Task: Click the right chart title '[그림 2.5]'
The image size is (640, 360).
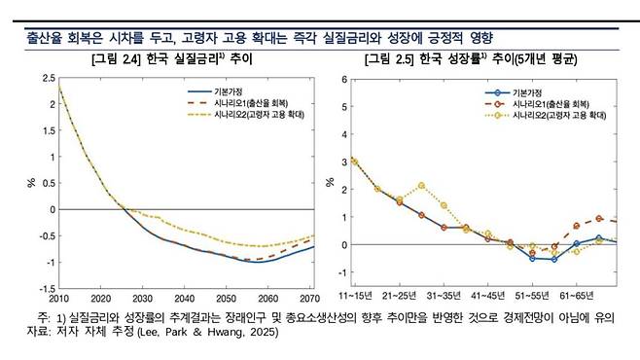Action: pos(392,60)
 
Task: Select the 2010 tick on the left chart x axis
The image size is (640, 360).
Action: pos(58,299)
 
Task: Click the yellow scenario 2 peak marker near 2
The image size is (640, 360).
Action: pos(421,185)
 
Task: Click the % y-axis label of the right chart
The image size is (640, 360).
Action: pos(332,182)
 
